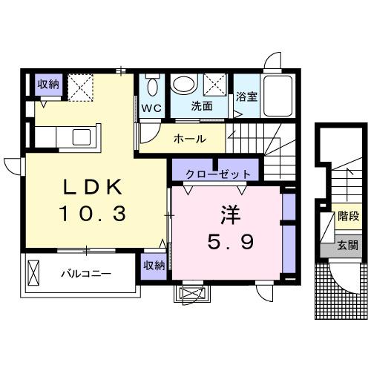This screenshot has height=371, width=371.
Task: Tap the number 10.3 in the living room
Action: [93, 214]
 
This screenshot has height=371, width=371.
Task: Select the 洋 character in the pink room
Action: [227, 214]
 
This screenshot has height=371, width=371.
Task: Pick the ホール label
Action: [189, 139]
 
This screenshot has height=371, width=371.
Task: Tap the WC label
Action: [152, 108]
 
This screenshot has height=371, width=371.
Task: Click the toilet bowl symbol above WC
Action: [153, 88]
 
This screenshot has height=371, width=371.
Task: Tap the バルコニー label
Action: [86, 274]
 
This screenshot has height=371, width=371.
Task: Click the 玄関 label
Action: [348, 245]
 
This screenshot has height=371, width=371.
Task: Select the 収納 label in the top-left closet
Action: [48, 84]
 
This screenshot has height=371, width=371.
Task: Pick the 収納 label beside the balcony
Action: [154, 265]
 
